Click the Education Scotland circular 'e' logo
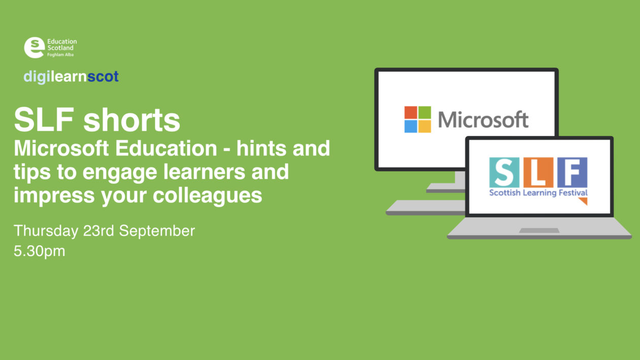tap(34, 47)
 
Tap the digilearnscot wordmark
tap(71, 77)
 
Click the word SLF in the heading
tap(45, 120)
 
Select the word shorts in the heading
tap(132, 121)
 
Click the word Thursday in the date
tap(46, 231)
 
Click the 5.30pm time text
tap(39, 251)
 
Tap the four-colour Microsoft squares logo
tap(418, 119)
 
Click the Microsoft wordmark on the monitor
tap(483, 120)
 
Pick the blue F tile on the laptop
tap(572, 173)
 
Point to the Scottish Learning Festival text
tap(538, 193)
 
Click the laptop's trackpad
tap(539, 231)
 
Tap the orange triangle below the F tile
tap(583, 201)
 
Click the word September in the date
tap(157, 231)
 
